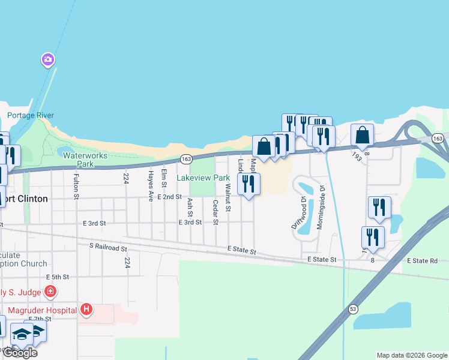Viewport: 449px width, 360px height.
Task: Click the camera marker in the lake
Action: click(x=48, y=59)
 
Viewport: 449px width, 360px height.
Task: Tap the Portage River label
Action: click(x=31, y=115)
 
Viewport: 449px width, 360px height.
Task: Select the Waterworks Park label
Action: click(x=85, y=160)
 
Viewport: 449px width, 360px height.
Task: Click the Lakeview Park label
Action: click(x=203, y=178)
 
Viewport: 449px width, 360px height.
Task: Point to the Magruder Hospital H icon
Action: click(x=87, y=310)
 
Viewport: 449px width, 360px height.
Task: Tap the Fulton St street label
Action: click(x=76, y=186)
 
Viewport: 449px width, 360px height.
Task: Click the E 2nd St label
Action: click(x=169, y=197)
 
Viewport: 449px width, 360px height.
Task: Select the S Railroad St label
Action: click(x=108, y=247)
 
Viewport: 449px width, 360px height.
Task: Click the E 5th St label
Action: click(x=58, y=277)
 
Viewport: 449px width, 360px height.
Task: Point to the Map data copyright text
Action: click(x=412, y=355)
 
